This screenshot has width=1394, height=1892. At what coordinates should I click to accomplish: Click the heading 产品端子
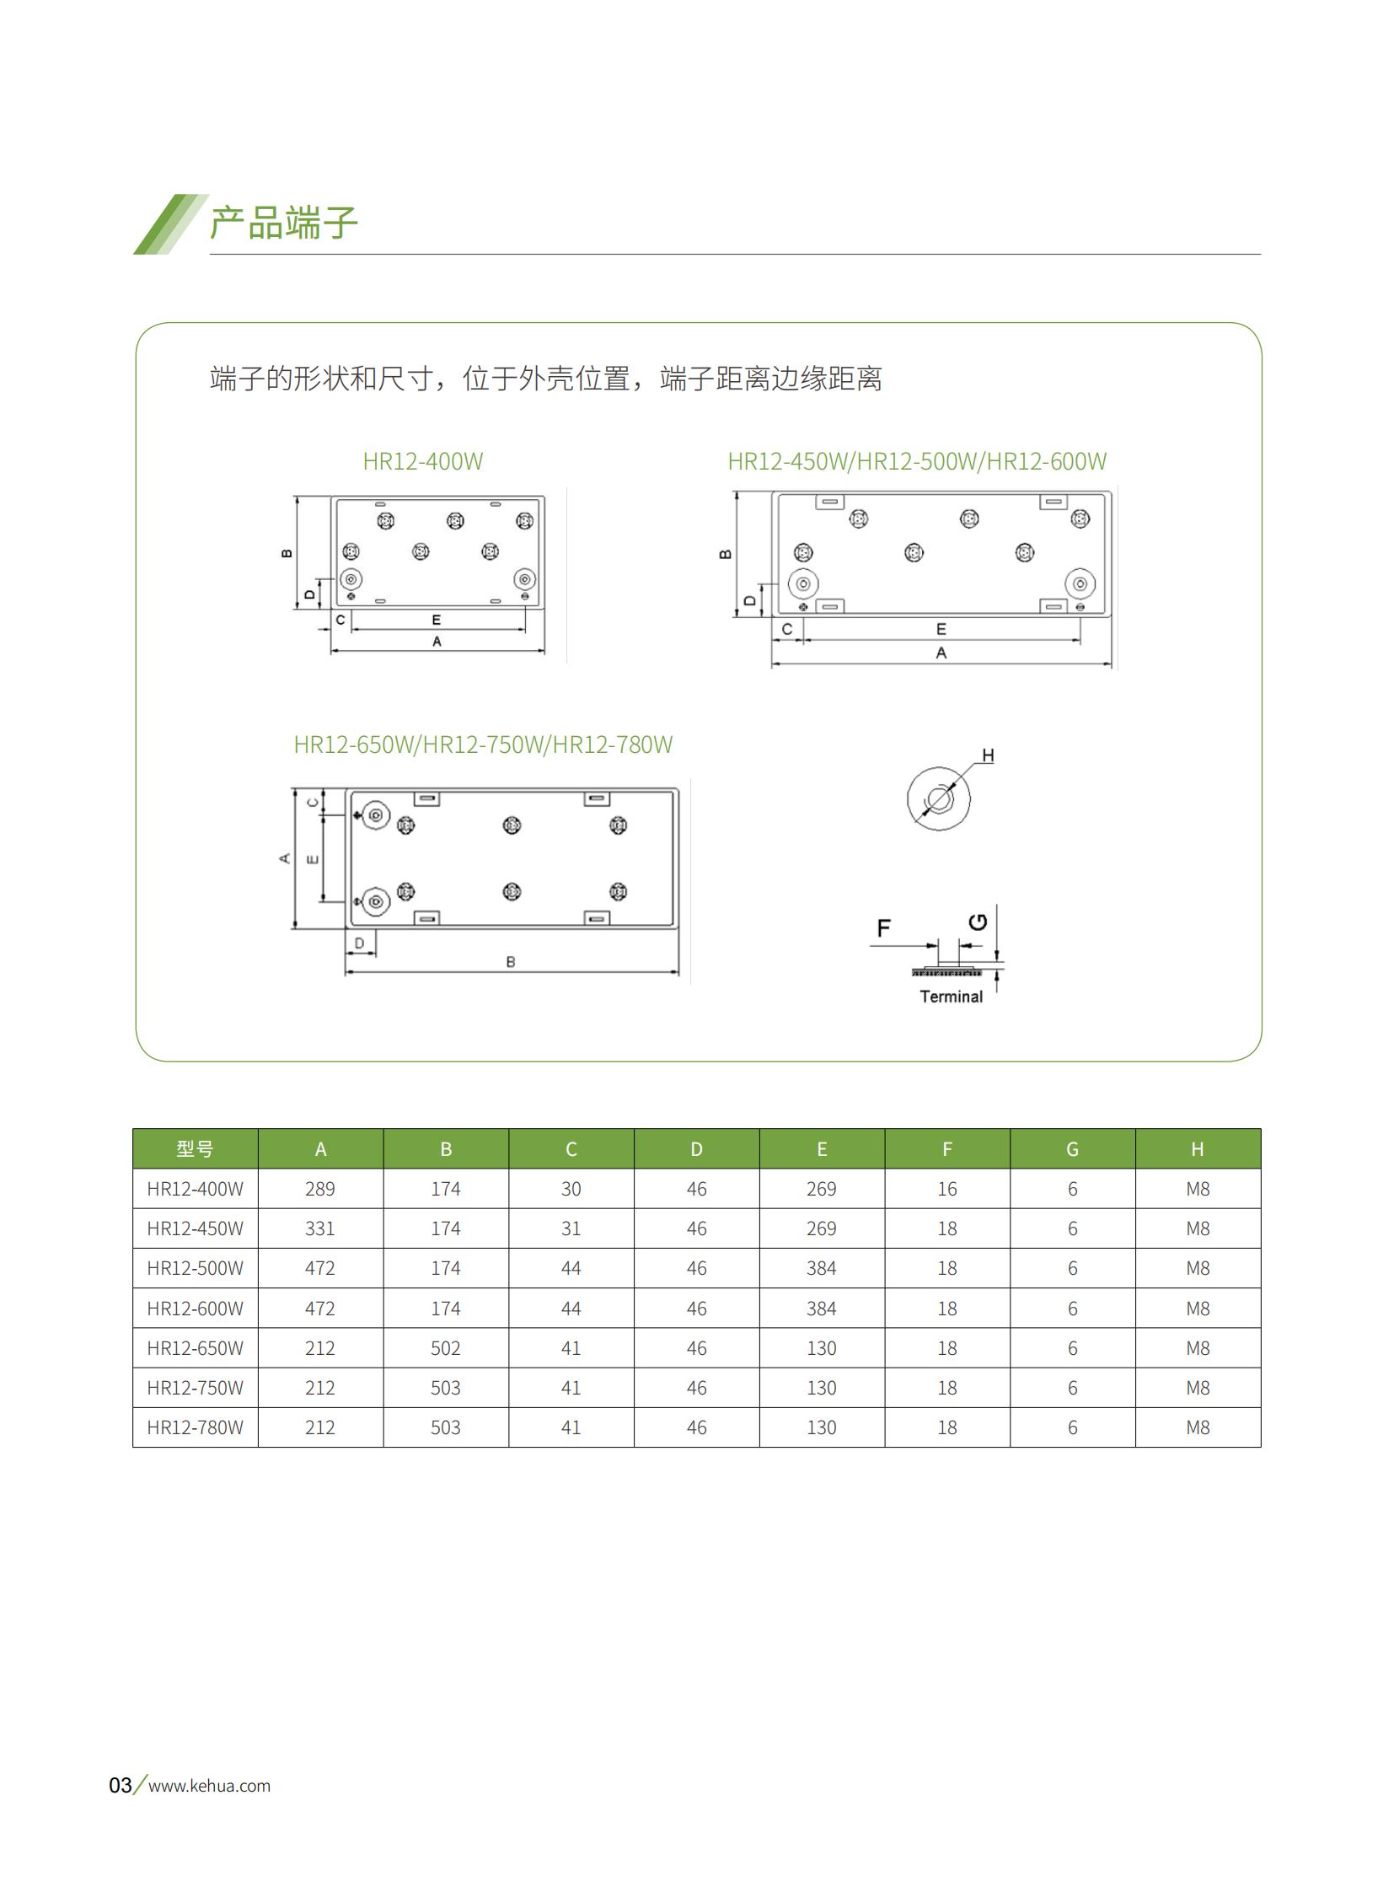(x=283, y=223)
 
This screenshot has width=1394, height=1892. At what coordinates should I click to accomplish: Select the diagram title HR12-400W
(x=423, y=461)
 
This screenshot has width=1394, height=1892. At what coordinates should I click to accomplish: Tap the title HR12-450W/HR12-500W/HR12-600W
(x=917, y=461)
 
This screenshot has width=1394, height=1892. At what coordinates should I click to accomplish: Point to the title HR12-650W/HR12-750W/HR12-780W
(x=484, y=744)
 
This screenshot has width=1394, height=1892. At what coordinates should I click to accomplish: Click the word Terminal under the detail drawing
(x=951, y=997)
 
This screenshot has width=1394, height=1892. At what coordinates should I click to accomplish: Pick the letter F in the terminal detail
(x=883, y=927)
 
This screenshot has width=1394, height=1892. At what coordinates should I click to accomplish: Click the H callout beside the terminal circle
(x=988, y=755)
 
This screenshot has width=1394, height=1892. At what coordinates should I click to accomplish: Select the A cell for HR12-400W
(x=319, y=1189)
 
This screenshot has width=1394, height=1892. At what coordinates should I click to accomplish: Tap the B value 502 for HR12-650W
(x=446, y=1348)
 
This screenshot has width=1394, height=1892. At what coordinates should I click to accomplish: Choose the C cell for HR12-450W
(x=571, y=1228)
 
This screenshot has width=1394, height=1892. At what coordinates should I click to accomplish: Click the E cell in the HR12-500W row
(x=822, y=1268)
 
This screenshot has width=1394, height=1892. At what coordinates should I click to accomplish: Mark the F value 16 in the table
(x=946, y=1189)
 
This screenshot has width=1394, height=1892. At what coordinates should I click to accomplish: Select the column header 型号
(x=195, y=1148)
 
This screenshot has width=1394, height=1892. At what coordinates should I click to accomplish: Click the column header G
(x=1073, y=1149)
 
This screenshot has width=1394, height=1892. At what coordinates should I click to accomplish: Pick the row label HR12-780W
(x=195, y=1427)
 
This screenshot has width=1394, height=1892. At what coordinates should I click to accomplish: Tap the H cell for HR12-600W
(x=1198, y=1309)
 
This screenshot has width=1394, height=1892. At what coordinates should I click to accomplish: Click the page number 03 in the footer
(x=120, y=1786)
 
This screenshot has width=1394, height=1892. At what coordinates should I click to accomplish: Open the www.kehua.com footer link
(x=209, y=1786)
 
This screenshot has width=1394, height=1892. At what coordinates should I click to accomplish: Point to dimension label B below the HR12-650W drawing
(x=511, y=962)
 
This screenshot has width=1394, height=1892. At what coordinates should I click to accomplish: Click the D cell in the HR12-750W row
(x=696, y=1388)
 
